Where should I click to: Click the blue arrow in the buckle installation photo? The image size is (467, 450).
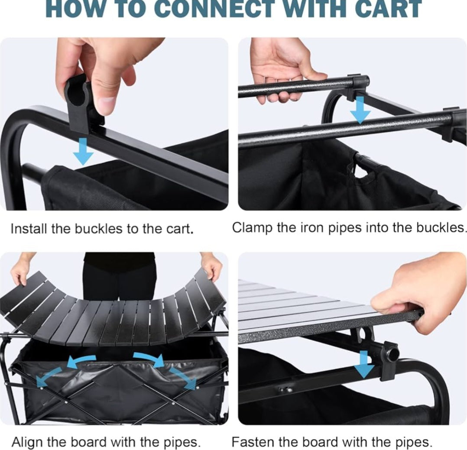83,151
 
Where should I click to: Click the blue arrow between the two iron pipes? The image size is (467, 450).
360,110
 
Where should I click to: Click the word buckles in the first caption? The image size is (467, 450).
100,229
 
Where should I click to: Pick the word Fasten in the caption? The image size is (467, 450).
251,441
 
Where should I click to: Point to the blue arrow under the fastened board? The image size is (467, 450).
364,365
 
